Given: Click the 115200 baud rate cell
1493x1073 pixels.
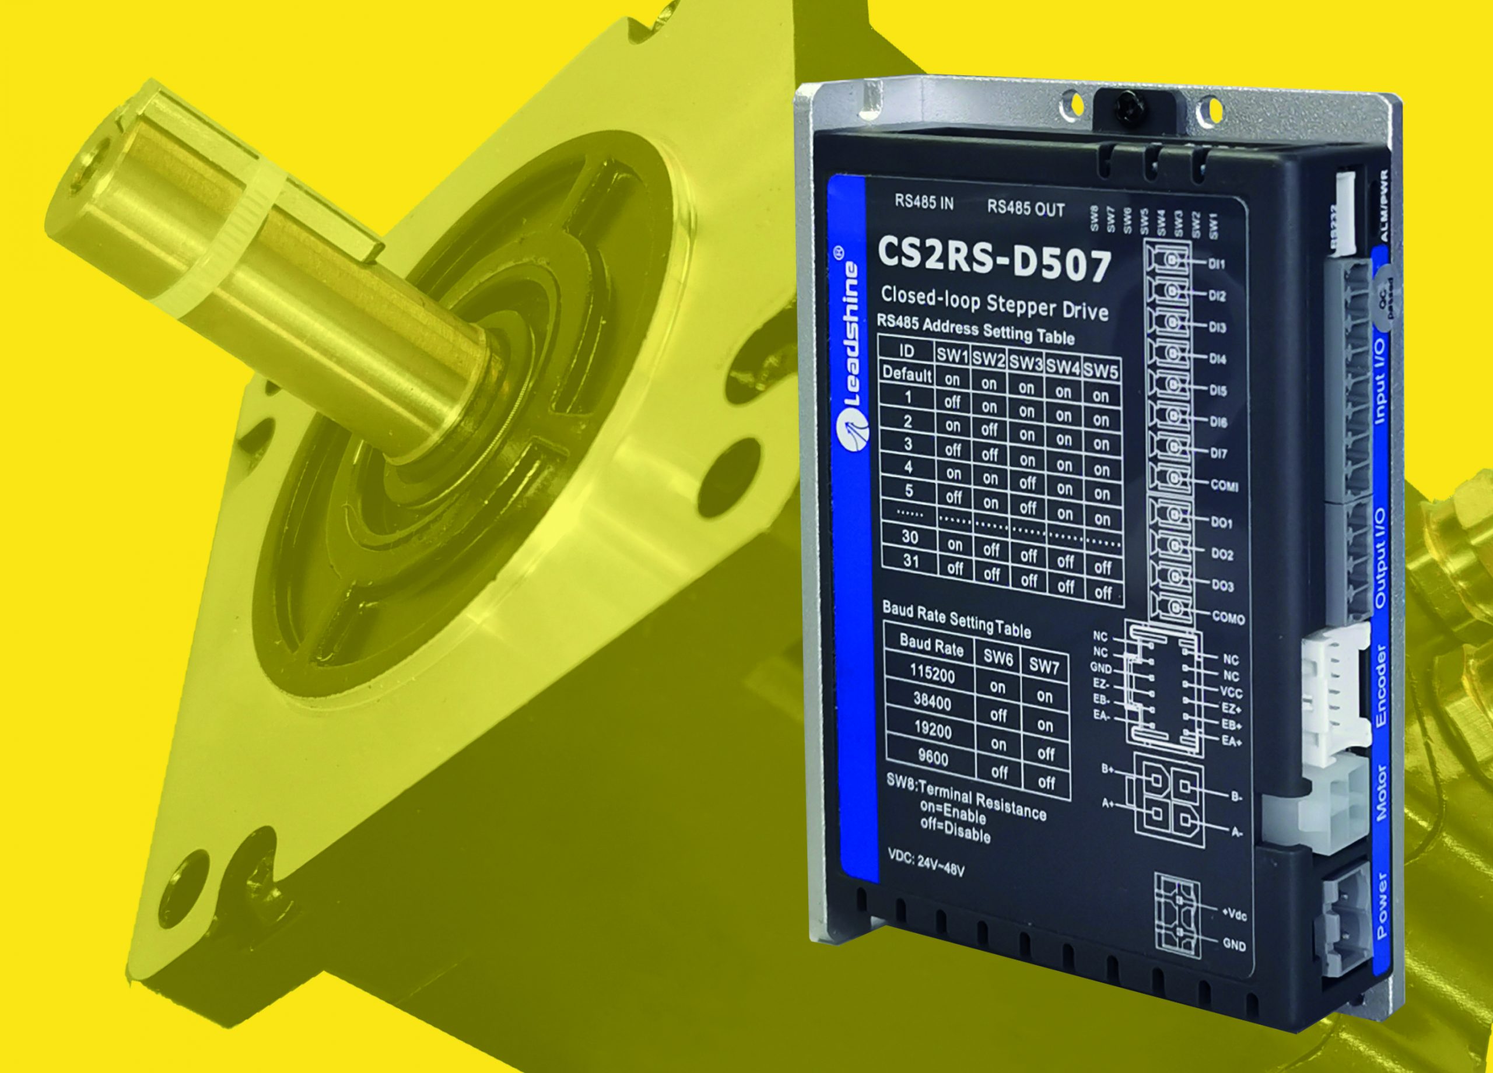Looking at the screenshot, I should click(x=931, y=674).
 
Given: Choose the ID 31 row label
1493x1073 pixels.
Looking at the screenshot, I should click(x=910, y=561).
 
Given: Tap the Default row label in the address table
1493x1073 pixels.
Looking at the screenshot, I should click(x=907, y=373).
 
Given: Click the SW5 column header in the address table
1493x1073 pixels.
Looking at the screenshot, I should click(x=1100, y=371).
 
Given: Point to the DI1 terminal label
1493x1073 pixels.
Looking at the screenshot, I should click(x=1217, y=265).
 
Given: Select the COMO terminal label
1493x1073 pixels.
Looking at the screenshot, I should click(x=1228, y=618).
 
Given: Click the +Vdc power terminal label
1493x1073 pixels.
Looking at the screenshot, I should click(x=1233, y=915).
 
